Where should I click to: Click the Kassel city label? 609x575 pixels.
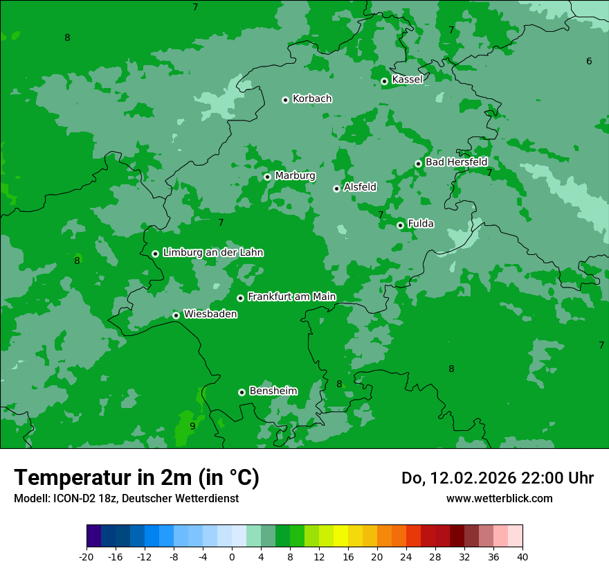pyautogui.click(x=407, y=80)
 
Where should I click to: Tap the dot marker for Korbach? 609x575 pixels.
pyautogui.click(x=285, y=100)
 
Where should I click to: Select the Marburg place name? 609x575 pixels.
pyautogui.click(x=295, y=176)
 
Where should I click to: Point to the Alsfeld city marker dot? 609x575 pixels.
pyautogui.click(x=336, y=188)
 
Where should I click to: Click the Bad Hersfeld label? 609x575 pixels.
pyautogui.click(x=456, y=162)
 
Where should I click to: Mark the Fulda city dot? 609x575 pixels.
pyautogui.click(x=400, y=225)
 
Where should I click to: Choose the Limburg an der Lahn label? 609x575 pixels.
pyautogui.click(x=212, y=253)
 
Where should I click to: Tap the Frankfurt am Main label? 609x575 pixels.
pyautogui.click(x=291, y=297)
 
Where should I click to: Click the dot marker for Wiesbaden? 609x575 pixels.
pyautogui.click(x=176, y=315)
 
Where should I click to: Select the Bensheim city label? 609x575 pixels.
pyautogui.click(x=273, y=391)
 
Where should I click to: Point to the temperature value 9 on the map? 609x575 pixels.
pyautogui.click(x=192, y=426)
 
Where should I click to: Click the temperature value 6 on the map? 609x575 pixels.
pyautogui.click(x=589, y=62)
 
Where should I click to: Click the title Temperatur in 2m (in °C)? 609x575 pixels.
pyautogui.click(x=136, y=478)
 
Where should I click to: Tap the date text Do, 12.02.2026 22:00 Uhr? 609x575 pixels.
pyautogui.click(x=498, y=478)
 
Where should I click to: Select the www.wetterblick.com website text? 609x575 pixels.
pyautogui.click(x=499, y=499)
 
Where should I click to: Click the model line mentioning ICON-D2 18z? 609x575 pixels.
pyautogui.click(x=126, y=499)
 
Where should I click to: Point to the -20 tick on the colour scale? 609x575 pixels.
pyautogui.click(x=87, y=557)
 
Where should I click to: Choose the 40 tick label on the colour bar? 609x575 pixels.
pyautogui.click(x=522, y=557)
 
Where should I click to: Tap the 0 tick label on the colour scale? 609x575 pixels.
pyautogui.click(x=232, y=557)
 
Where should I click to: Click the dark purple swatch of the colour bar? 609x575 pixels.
pyautogui.click(x=93, y=536)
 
